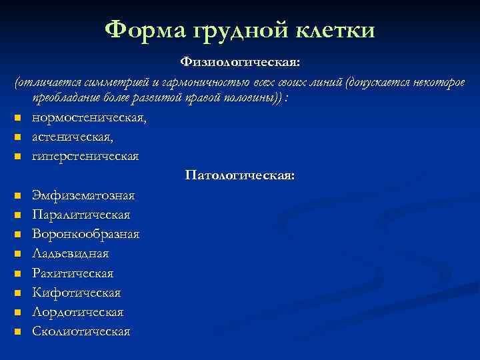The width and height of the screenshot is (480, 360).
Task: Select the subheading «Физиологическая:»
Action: coord(240,62)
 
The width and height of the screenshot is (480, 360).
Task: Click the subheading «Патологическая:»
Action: coord(240,176)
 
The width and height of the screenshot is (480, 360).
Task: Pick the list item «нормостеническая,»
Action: coord(89,118)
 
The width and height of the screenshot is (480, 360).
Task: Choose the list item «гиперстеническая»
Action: coord(85,157)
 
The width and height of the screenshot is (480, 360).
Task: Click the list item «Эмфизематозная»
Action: coord(83,195)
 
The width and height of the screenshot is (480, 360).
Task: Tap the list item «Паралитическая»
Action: coord(81,215)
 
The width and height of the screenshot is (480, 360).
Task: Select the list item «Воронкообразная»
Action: coord(85,235)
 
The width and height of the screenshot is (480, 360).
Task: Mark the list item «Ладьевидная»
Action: coord(70,254)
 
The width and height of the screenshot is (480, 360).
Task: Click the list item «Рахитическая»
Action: coord(73,273)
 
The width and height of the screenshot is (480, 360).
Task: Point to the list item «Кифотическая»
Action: coord(76,293)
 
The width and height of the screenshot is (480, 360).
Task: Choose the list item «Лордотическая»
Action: coord(78,312)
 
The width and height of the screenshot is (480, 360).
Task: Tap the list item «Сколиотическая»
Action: coord(81,331)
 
